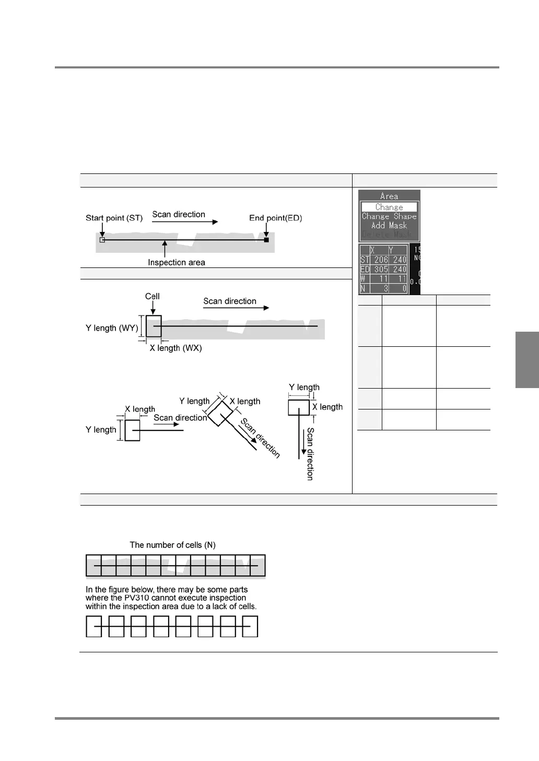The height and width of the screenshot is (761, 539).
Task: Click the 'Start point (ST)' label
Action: point(114,218)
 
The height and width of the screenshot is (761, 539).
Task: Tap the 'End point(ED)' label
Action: point(275,218)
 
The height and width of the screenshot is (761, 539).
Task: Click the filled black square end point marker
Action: point(266,240)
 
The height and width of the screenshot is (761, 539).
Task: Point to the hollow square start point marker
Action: point(102,240)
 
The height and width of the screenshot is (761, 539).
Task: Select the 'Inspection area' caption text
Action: point(176,262)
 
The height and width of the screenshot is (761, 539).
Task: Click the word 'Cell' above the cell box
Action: point(152,296)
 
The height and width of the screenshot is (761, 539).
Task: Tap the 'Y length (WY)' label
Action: point(112,328)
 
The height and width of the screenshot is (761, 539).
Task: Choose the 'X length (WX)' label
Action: point(175,348)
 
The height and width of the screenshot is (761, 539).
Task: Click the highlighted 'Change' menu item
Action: point(389,207)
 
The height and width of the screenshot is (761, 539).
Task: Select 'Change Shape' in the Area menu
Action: point(389,216)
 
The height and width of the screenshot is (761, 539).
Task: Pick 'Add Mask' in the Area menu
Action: point(389,226)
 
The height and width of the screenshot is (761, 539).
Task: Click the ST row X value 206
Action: point(381,260)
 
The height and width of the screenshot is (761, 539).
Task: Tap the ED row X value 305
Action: point(381,270)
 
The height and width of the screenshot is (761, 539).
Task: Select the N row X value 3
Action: point(385,288)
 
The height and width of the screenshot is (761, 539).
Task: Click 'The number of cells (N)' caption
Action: point(172,545)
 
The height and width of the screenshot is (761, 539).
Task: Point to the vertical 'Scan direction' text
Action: point(310,453)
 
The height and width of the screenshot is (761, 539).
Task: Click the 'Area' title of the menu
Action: point(389,196)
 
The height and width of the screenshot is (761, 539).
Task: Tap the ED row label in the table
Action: point(365,270)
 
